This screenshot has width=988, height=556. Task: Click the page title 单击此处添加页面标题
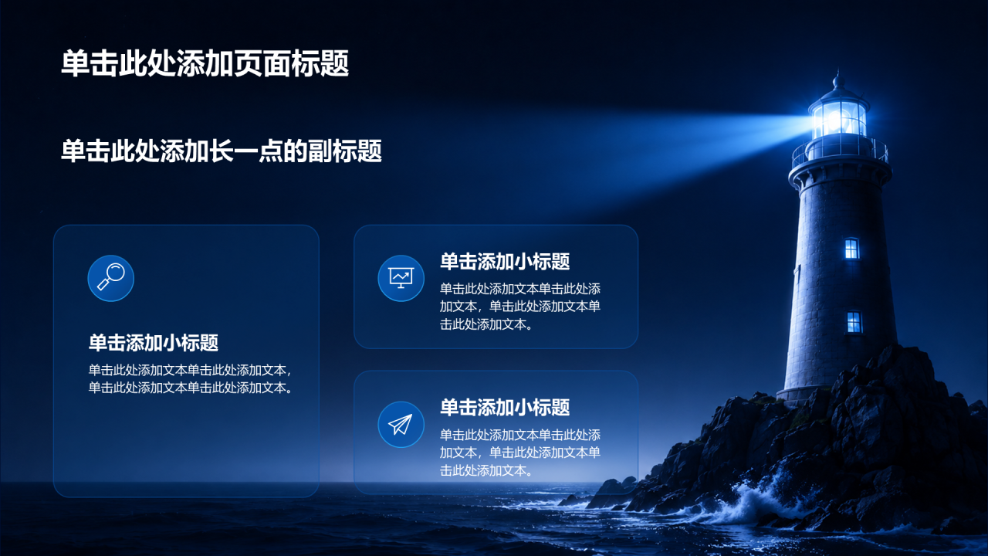point(205,63)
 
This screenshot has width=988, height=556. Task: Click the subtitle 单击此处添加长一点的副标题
point(222,151)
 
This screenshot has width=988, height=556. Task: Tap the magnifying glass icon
point(110,278)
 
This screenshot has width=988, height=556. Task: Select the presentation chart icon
point(401,278)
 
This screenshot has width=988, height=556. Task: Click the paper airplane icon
point(401,425)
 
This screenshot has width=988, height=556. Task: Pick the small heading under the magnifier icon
point(154,342)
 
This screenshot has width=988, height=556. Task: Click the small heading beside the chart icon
point(505,261)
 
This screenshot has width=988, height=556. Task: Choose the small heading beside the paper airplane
point(505,407)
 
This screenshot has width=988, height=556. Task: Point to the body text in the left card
point(191,378)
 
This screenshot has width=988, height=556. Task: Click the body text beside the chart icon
point(520,307)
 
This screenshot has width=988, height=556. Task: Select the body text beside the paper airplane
point(520,453)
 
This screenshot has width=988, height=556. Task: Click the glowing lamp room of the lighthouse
point(839,119)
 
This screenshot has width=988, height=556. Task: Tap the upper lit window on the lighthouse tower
point(851,249)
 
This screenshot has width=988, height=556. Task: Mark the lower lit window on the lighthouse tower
point(854,322)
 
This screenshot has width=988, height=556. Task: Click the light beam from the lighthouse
point(661,146)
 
